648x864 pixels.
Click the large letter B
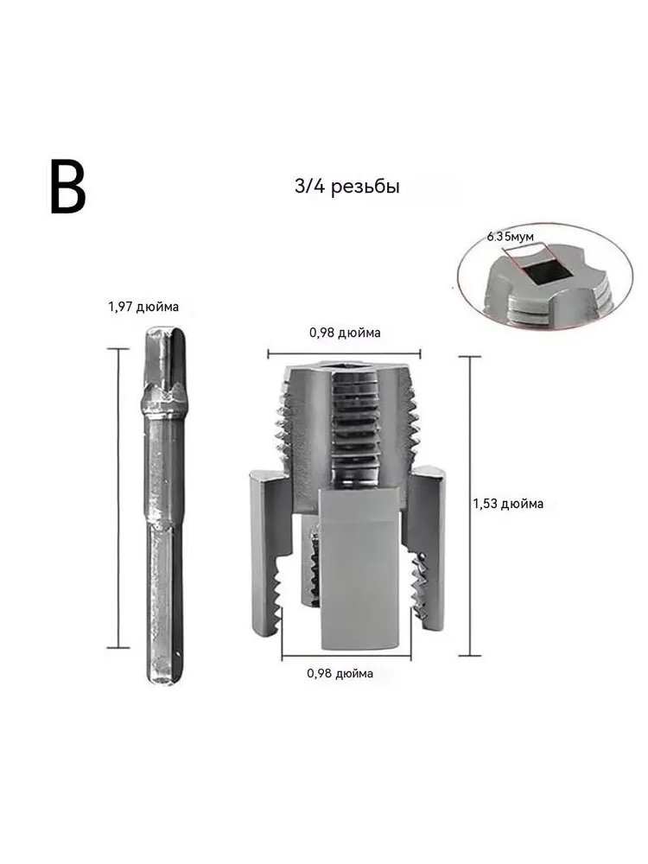(67, 187)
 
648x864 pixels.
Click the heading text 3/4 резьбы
(347, 187)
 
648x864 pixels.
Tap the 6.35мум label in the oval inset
(511, 237)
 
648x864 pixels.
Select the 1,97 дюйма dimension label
(143, 307)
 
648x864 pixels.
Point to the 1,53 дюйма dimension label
(508, 504)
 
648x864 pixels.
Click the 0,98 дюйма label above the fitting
(345, 333)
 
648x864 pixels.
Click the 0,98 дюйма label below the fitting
(340, 673)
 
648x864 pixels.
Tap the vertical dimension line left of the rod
(118, 499)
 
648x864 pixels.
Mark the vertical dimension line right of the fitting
(470, 505)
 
